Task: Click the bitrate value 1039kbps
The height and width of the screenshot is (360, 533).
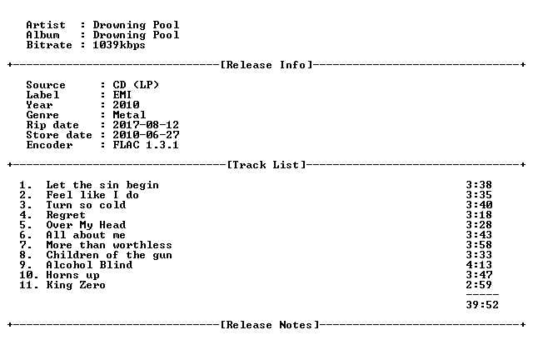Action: pos(119,45)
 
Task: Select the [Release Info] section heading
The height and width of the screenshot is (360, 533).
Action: pos(266,65)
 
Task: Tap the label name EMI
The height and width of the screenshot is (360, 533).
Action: pos(122,95)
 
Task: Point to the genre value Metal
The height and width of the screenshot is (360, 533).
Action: pos(129,115)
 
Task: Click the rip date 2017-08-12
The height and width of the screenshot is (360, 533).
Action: pos(146,125)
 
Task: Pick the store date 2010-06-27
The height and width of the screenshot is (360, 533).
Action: pos(146,135)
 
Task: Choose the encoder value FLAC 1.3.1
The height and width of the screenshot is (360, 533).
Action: pos(146,145)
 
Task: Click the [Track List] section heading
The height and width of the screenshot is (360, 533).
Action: pos(266,165)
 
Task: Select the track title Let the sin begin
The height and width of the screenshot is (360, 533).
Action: pos(102,185)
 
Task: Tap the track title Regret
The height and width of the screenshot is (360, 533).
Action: pos(66,215)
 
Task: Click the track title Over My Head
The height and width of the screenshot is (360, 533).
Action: pos(86,225)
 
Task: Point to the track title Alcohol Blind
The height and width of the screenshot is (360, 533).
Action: pos(89,265)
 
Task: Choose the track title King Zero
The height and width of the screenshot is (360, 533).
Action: pos(76,285)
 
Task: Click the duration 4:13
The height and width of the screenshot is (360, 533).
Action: pos(479,265)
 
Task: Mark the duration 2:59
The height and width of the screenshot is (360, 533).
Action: pos(479,285)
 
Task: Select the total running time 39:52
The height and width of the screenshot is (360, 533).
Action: pos(482,305)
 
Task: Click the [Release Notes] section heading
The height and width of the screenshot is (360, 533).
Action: pos(270,325)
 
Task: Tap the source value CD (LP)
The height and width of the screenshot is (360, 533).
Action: pos(136,85)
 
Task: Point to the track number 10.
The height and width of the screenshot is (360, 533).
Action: pos(26,275)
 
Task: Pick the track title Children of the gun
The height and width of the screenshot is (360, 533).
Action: pos(109,255)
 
